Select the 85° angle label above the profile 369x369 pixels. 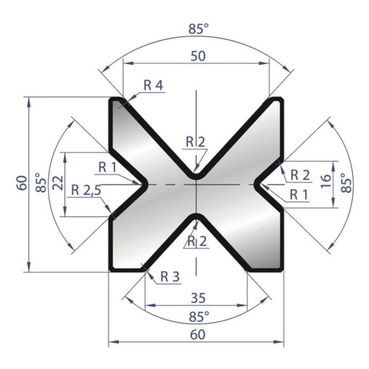tap(197, 29)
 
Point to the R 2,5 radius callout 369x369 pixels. tap(87, 190)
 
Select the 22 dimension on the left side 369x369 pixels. tap(57, 184)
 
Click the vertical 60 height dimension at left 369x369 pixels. tap(22, 184)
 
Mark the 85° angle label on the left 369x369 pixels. tap(39, 184)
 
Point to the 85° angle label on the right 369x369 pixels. tap(347, 184)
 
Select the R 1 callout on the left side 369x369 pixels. tap(108, 167)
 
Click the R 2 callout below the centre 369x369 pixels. tap(196, 240)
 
